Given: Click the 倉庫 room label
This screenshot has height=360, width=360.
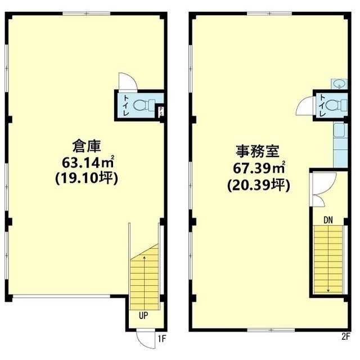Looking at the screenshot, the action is point(87,146).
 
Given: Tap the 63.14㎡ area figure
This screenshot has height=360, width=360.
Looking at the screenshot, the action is point(88,162).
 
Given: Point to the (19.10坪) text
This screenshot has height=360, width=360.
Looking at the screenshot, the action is point(87,178).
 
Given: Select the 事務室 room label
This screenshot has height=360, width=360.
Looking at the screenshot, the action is point(258,151).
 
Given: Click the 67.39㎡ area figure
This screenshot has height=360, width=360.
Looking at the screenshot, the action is point(259,168).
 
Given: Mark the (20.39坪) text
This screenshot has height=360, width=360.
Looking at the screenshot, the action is point(259,185).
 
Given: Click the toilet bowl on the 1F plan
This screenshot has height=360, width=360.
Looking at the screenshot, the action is point(144,105).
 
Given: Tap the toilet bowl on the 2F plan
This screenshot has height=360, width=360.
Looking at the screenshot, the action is point(336,106).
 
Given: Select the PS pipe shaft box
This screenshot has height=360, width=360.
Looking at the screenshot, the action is point(161,111).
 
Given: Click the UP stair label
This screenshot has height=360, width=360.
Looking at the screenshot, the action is point(143,316).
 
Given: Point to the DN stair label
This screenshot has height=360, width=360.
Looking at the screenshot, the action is point(328,220).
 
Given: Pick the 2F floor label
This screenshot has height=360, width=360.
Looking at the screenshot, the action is point(346,337).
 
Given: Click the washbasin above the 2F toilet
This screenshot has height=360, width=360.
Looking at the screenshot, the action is point(339,84).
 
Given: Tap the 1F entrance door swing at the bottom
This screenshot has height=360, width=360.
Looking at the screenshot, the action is point(145,339).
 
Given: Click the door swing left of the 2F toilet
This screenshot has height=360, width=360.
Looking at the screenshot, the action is point(305,106).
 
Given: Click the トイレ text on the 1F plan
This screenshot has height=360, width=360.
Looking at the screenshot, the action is point(126,105).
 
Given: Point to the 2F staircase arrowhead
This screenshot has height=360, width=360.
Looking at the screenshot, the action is point(328,291).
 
